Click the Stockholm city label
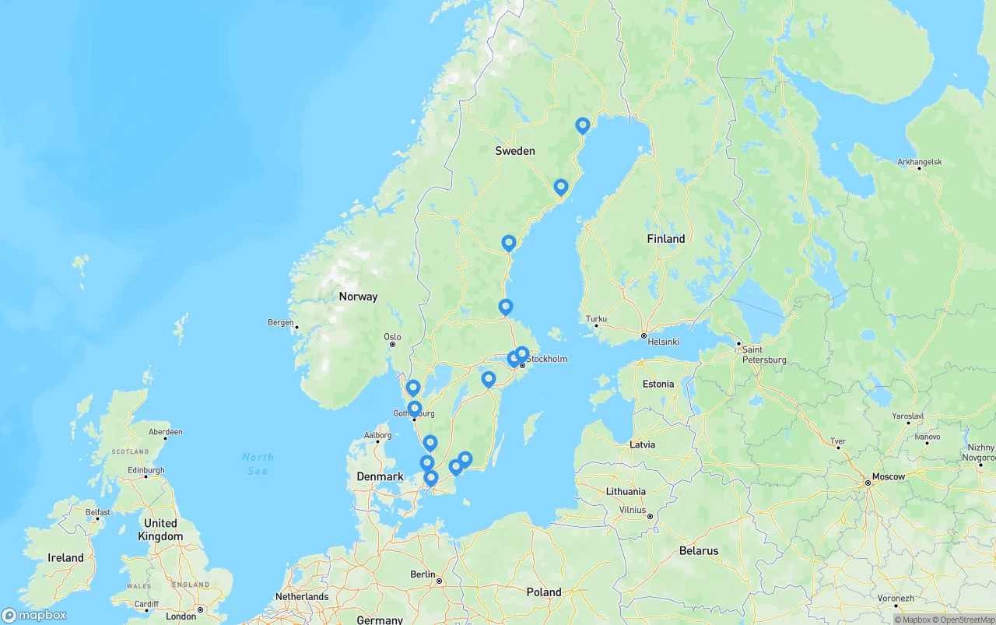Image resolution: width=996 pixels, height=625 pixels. coord(547,360)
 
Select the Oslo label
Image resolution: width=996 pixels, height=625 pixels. coord(392,337)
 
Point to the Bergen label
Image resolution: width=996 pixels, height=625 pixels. coord(280,322)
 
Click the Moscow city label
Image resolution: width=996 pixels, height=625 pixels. coord(888,476)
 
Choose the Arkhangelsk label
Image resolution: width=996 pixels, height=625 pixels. coord(919,162)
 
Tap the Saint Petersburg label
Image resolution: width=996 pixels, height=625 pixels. coord(763,355)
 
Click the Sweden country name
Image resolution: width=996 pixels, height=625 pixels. coord(515,151)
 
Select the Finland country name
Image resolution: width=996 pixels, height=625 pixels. coord(666,239)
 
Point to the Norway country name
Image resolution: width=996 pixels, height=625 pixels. coord(358,297)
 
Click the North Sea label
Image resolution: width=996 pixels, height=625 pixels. coord(258,464)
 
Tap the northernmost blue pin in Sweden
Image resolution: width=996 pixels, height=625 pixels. coord(583,125)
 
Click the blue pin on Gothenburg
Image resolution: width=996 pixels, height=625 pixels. coord(415,408)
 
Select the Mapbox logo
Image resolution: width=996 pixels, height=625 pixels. coord(34,616)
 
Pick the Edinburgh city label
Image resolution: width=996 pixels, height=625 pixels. coord(146,470)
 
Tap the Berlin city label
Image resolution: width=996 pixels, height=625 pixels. coord(423,574)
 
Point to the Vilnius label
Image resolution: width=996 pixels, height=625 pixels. coord(633,510)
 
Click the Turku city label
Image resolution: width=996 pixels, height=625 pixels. coord(596,319)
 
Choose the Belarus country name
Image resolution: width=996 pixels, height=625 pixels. coord(699,551)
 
